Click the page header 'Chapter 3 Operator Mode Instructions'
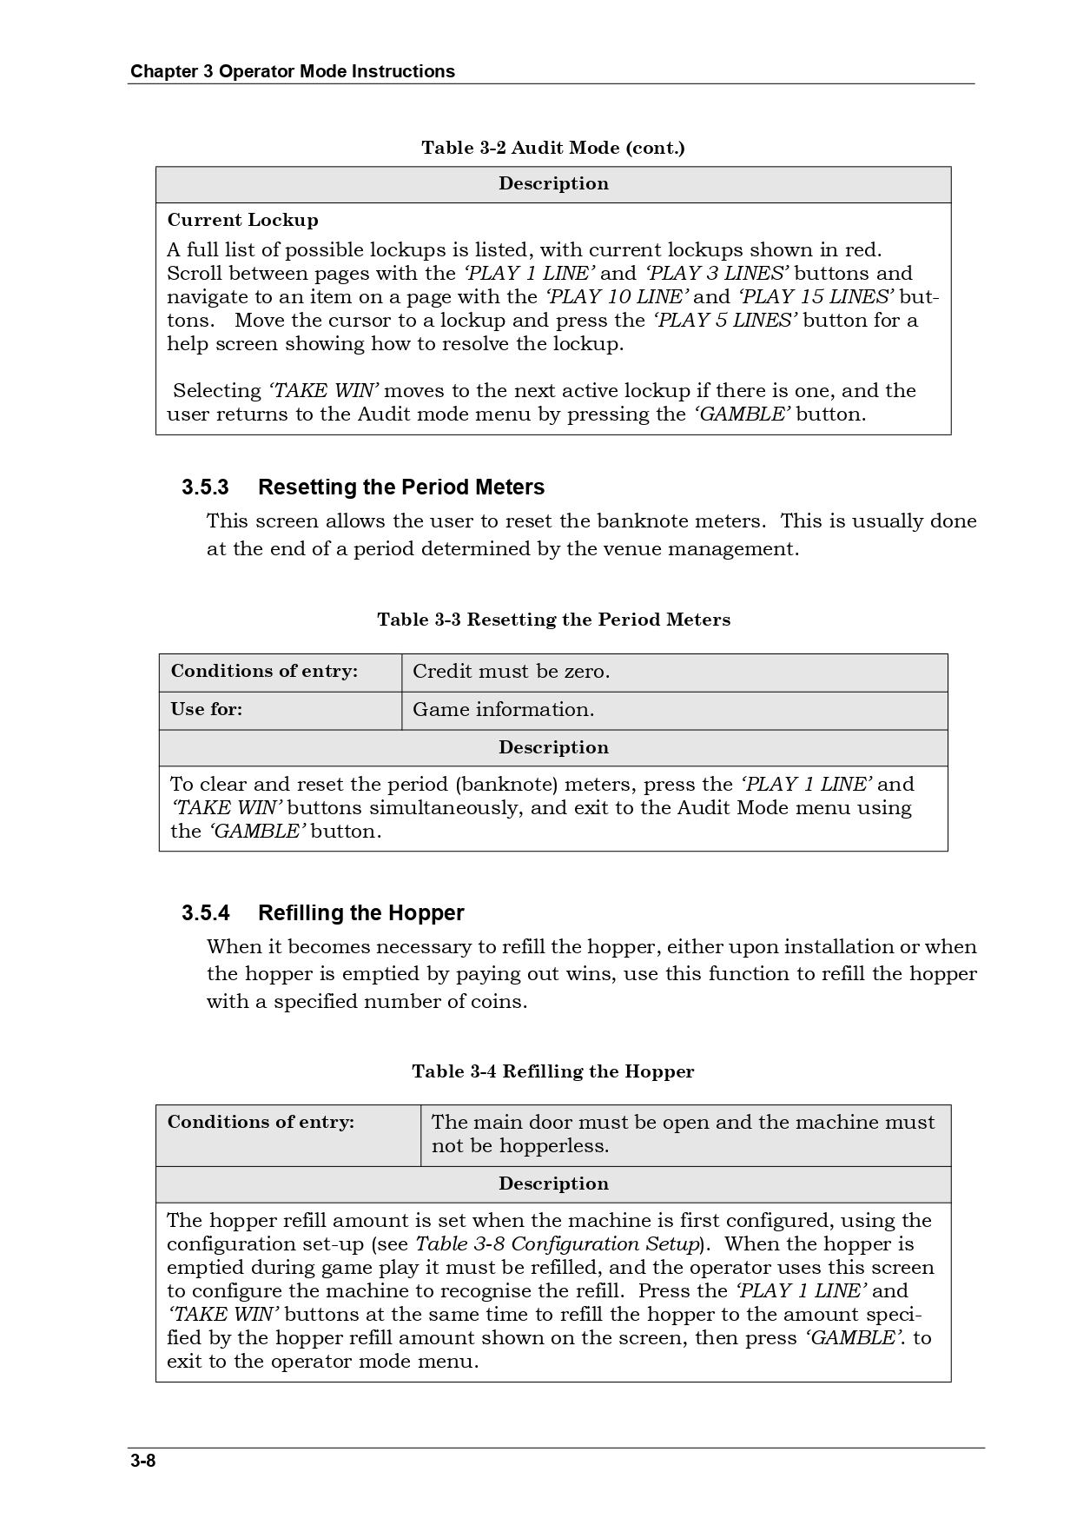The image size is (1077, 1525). [x=292, y=71]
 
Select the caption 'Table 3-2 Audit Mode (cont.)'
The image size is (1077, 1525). [x=553, y=148]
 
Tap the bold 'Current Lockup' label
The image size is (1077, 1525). [x=242, y=220]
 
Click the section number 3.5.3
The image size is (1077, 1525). [x=205, y=487]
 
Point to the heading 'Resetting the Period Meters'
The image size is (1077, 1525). [x=401, y=487]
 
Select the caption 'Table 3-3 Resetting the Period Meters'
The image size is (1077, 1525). [x=553, y=620]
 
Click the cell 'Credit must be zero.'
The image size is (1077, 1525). [x=511, y=672]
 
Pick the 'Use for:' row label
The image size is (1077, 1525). [x=207, y=709]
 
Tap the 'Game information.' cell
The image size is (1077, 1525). [x=503, y=710]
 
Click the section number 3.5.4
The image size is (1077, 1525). [x=205, y=912]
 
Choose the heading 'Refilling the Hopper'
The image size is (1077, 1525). [x=360, y=912]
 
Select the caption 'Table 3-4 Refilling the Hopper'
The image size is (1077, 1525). [x=553, y=1071]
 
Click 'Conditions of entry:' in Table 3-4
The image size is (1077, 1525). [x=261, y=1122]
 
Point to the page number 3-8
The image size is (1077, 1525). [x=143, y=1460]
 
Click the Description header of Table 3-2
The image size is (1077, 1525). [x=553, y=183]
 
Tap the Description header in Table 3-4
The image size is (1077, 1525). [x=553, y=1184]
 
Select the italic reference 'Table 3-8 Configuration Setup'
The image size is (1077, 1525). [x=558, y=1244]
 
